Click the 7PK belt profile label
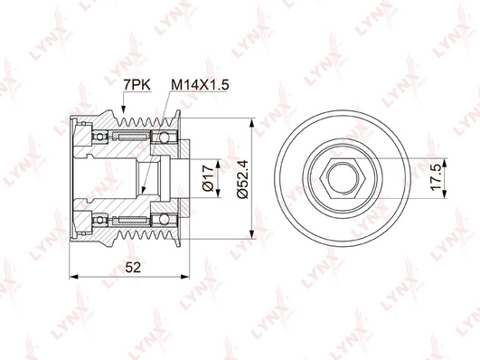pos(136,85)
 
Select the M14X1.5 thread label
pos(200,85)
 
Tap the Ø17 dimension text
pos(208,177)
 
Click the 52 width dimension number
pos(133,268)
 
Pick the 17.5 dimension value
pos(437,177)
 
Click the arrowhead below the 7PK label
pos(123,109)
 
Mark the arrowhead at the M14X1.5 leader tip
pos(143,191)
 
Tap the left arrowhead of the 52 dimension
pos(74,277)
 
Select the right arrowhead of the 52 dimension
pos(185,277)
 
